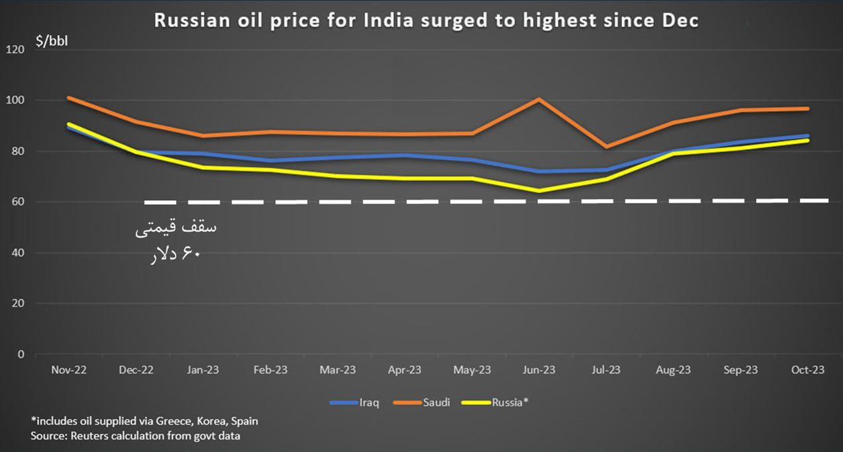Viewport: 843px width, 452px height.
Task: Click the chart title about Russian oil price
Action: click(x=426, y=20)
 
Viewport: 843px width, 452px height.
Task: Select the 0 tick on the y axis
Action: click(x=21, y=354)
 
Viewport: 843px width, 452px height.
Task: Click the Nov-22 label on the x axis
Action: click(x=69, y=370)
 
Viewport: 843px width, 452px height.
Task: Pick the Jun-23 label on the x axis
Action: click(x=539, y=370)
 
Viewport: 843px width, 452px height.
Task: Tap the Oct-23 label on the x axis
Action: click(x=807, y=370)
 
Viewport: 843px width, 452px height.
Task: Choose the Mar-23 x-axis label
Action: click(x=337, y=370)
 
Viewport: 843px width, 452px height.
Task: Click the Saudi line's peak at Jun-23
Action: click(x=539, y=99)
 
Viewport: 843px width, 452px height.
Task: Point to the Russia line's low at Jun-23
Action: click(x=539, y=191)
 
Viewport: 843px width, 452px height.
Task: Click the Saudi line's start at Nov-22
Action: click(x=69, y=98)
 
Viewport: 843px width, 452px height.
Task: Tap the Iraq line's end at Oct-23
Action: click(x=807, y=135)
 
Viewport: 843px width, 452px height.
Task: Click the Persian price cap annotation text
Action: click(x=175, y=240)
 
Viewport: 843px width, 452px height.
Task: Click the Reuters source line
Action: click(x=136, y=436)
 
